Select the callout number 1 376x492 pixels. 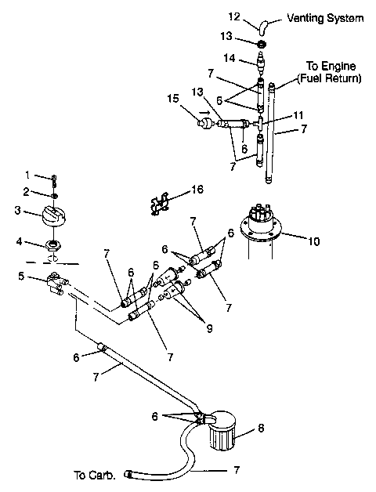click(27, 174)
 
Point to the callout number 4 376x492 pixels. click(27, 241)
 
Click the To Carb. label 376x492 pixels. click(96, 475)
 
